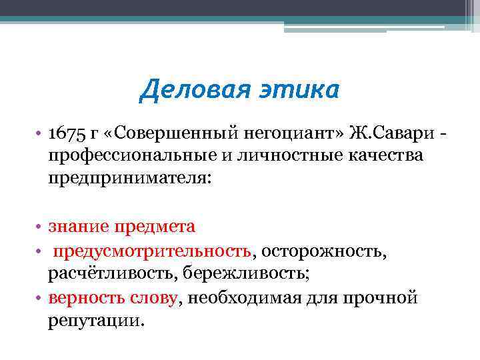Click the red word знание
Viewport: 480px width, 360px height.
point(79,227)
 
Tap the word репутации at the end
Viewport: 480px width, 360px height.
point(93,321)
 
